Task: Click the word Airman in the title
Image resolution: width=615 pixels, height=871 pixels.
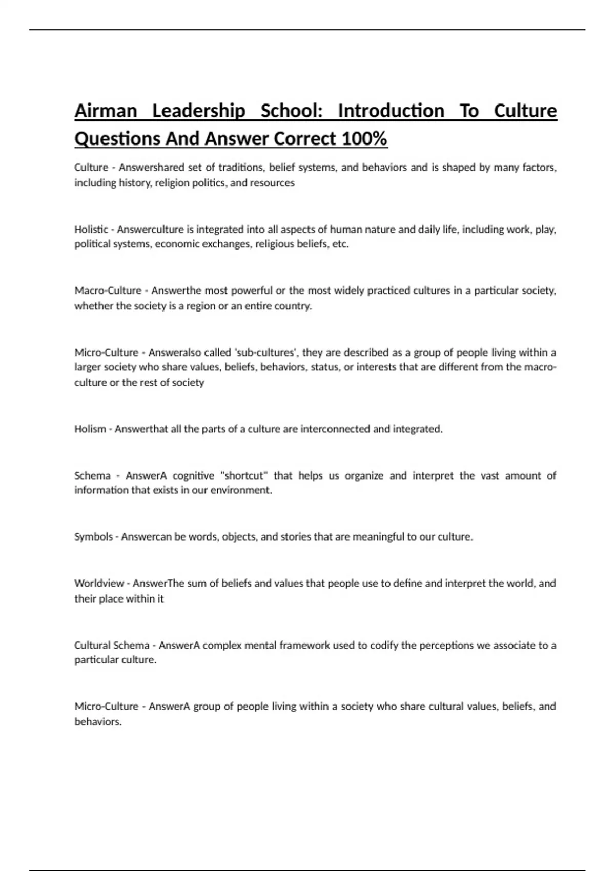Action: (106, 111)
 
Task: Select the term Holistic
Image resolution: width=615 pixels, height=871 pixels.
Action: (91, 229)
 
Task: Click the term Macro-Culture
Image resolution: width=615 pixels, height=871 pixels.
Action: (108, 291)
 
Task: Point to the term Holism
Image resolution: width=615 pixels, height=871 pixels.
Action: (90, 429)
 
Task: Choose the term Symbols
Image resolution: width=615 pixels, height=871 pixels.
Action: (93, 536)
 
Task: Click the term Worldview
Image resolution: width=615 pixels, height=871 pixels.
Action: (99, 583)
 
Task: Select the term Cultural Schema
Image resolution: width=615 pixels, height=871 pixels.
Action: (112, 645)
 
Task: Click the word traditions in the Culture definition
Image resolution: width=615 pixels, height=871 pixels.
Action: (241, 168)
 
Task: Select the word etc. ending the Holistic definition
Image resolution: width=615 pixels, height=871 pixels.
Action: (340, 244)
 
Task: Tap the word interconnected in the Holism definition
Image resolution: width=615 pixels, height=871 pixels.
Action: (335, 429)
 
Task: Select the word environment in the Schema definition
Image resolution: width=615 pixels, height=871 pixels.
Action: (244, 490)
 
